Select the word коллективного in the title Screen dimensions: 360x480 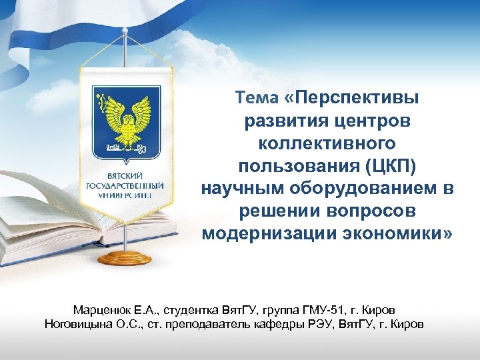[327, 144]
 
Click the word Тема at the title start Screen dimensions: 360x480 [257, 99]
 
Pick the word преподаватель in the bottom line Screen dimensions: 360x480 [218, 325]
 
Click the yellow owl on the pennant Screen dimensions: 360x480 [127, 116]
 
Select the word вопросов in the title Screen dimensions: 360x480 [377, 212]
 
